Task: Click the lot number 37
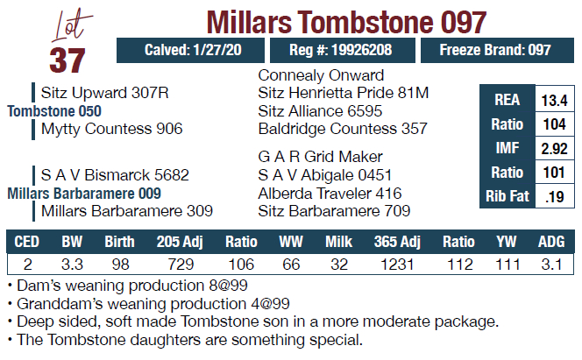(67, 59)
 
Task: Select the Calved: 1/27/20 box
(188, 50)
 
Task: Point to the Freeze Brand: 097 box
(496, 50)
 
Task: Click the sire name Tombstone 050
(54, 111)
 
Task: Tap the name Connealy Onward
(321, 74)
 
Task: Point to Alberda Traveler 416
(330, 193)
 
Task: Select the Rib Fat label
(507, 196)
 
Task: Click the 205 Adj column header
(180, 241)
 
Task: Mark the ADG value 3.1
(552, 262)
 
